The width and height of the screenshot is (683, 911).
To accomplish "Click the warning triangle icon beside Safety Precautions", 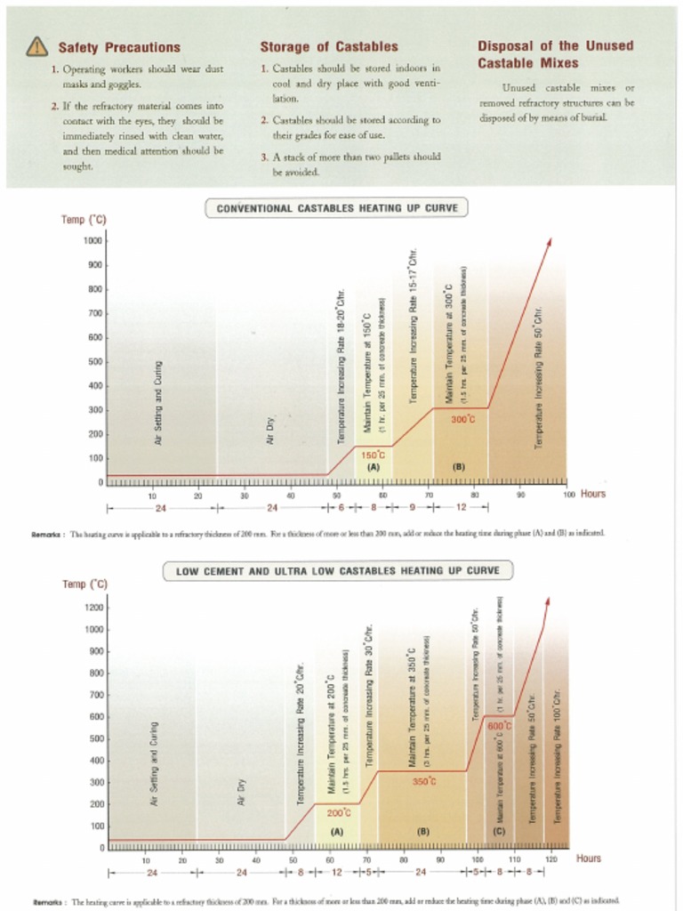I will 36,46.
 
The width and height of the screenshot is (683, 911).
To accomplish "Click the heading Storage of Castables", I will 328,46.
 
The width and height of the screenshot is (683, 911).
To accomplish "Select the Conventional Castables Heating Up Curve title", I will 337,208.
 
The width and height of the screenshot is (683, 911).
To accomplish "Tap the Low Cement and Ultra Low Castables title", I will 338,570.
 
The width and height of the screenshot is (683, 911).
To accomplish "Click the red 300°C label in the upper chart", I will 462,419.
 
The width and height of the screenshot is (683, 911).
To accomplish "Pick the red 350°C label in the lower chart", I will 424,781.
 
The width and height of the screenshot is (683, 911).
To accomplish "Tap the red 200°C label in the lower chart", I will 339,812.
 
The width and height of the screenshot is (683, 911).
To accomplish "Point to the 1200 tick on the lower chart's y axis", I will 94,608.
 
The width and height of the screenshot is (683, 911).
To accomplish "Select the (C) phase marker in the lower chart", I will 499,831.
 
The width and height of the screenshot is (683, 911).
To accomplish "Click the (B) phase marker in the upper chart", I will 459,466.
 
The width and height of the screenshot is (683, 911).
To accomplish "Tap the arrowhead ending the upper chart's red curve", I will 550,241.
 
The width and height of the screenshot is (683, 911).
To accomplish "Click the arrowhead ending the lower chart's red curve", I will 547,602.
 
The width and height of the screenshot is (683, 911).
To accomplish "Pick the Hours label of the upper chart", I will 593,494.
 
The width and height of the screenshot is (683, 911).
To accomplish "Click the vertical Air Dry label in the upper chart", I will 271,431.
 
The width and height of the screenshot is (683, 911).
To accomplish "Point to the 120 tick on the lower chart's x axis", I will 551,859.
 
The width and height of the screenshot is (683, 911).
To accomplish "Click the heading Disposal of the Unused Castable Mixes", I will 555,54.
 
